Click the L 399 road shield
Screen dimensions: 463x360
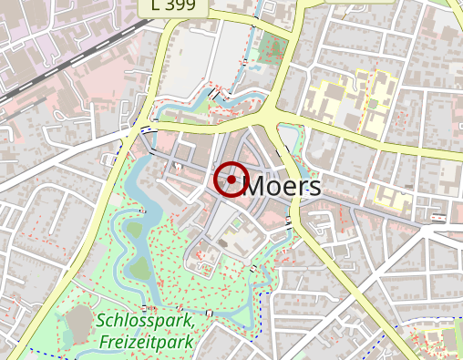pyautogui.click(x=174, y=6)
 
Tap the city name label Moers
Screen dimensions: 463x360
pyautogui.click(x=283, y=187)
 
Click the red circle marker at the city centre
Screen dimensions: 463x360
pyautogui.click(x=231, y=180)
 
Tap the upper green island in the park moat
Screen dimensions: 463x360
pyautogui.click(x=135, y=230)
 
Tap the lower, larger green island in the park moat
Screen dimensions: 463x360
pyautogui.click(x=138, y=270)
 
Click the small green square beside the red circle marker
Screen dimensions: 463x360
pyautogui.click(x=237, y=221)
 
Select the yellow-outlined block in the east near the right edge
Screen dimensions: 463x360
pyautogui.click(x=391, y=199)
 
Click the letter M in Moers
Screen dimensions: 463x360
pyautogui.click(x=257, y=187)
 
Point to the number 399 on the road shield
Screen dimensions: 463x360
pyautogui.click(x=182, y=6)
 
